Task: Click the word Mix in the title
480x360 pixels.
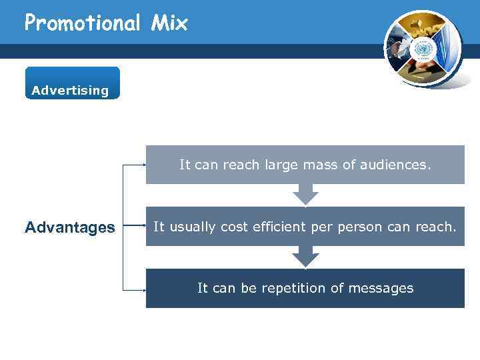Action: (x=169, y=23)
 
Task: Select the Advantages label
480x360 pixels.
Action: (x=69, y=228)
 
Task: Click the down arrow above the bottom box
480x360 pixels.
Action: (x=305, y=257)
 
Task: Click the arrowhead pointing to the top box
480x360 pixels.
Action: (x=144, y=164)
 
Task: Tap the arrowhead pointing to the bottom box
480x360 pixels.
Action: (x=144, y=291)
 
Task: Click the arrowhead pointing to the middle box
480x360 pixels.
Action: (x=144, y=227)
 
